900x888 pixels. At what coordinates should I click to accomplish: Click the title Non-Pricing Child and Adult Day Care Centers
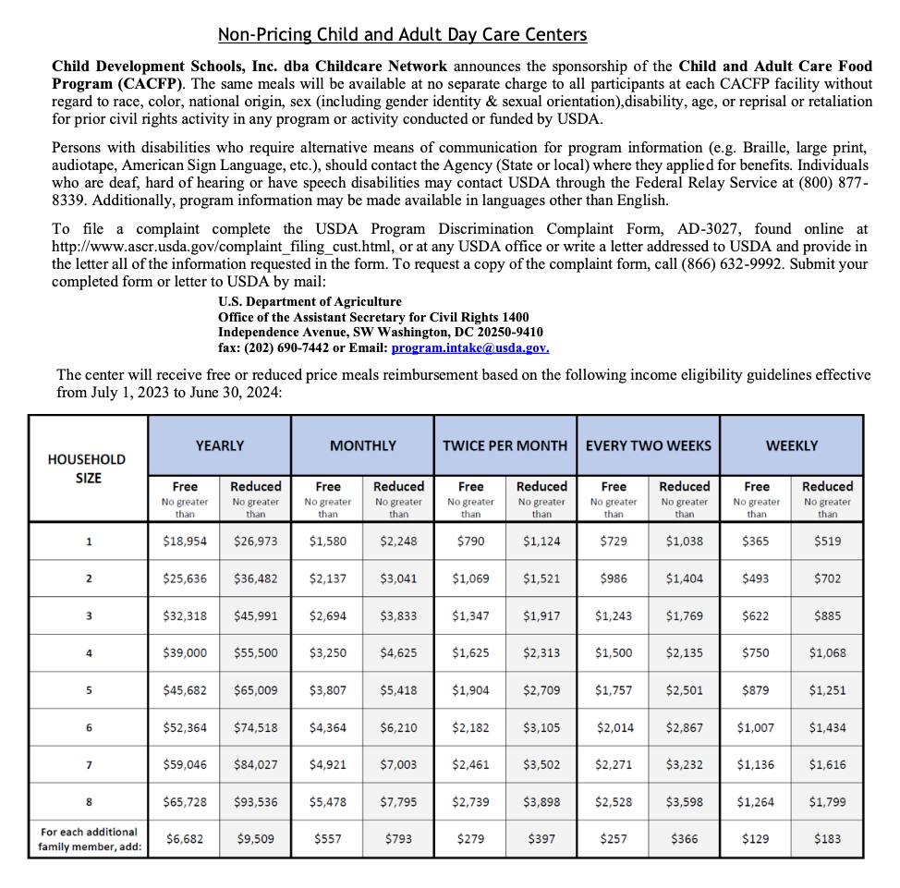coord(402,35)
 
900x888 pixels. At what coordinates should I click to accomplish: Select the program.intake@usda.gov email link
coord(470,348)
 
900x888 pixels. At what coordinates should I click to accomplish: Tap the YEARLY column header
coord(220,445)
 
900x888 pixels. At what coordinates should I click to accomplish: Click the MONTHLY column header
coord(363,445)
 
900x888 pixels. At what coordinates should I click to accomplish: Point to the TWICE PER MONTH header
coord(505,445)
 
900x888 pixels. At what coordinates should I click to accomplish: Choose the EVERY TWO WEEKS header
coord(649,445)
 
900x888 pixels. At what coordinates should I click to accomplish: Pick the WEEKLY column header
coord(792,445)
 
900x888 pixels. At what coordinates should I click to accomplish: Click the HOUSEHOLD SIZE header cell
coord(88,468)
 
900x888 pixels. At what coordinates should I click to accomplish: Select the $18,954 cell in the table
coord(185,541)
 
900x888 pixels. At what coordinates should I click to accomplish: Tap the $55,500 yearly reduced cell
coord(256,652)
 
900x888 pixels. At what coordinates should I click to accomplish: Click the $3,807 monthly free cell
coord(328,690)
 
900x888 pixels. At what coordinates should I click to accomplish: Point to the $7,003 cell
coord(399,765)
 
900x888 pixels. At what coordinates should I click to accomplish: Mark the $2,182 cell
coord(470,727)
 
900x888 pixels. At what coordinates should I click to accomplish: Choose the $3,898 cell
coord(541,802)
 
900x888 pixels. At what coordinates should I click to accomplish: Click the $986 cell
coord(614,578)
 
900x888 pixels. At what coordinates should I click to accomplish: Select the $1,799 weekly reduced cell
coord(827,802)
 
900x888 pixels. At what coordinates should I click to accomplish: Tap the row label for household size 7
coord(89,765)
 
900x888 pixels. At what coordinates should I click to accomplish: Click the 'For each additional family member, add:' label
coord(89,839)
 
